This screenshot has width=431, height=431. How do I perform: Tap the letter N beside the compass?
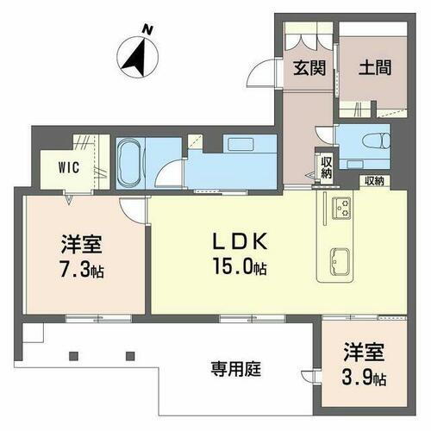(149, 31)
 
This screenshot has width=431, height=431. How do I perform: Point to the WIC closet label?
(70, 167)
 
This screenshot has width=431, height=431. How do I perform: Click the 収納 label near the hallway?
(327, 165)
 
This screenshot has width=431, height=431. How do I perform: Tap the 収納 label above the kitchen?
(372, 181)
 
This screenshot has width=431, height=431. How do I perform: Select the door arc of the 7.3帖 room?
(131, 209)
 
